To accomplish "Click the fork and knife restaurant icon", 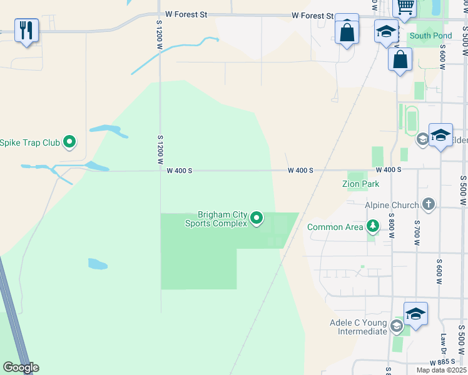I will pyautogui.click(x=26, y=29).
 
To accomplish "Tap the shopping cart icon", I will pyautogui.click(x=405, y=7).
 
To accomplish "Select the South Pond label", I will pyautogui.click(x=430, y=36).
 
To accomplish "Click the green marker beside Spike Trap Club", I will pyautogui.click(x=70, y=142).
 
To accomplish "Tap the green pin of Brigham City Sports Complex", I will pyautogui.click(x=257, y=218).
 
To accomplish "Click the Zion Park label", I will pyautogui.click(x=361, y=184).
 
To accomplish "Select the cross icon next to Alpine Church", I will pyautogui.click(x=429, y=204).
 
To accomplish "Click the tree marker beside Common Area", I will pyautogui.click(x=373, y=226).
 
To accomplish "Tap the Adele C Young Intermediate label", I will pyautogui.click(x=359, y=327).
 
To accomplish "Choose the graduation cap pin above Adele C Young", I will pyautogui.click(x=415, y=313).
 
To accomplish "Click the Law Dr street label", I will pyautogui.click(x=443, y=342).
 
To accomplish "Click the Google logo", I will pyautogui.click(x=21, y=367).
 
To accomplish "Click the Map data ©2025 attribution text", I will pyautogui.click(x=441, y=370).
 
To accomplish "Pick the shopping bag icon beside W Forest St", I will pyautogui.click(x=347, y=31).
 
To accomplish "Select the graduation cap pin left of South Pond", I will pyautogui.click(x=387, y=32).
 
